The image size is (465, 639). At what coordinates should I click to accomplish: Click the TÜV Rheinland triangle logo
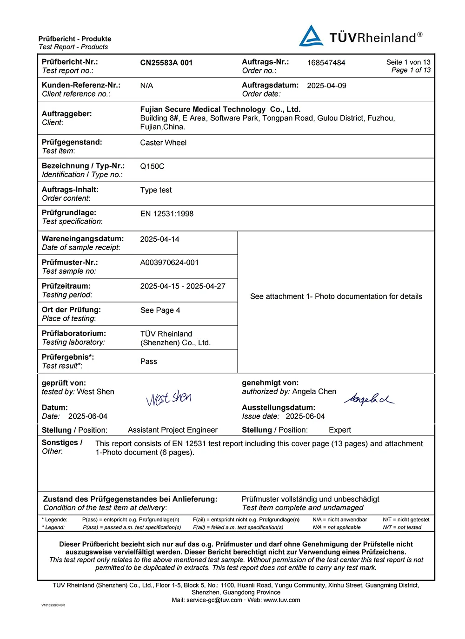coord(311,36)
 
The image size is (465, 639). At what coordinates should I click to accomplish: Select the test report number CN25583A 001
coord(166,63)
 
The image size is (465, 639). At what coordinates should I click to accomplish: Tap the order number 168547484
coord(326,63)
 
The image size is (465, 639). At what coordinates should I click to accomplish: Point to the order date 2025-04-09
coord(326,86)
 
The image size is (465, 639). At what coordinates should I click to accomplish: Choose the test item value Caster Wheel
coord(163,143)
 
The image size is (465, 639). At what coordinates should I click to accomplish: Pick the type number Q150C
coord(152,166)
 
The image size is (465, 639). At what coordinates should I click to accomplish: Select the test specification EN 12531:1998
coord(166,214)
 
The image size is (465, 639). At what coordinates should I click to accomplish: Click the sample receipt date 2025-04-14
coord(159,239)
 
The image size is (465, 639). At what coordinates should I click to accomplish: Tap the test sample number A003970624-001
coord(169,263)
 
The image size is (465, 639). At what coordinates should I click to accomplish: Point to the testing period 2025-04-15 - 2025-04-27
coord(183,286)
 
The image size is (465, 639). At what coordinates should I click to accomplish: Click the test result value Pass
coord(148,362)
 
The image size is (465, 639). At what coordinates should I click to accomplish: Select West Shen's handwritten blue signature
coord(169,398)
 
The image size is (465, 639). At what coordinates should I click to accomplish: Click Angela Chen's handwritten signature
coord(369,399)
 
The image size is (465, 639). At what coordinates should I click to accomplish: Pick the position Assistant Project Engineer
coord(173,430)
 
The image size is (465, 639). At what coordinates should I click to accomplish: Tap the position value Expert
coord(339,430)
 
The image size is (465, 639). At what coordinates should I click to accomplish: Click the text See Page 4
coord(160,310)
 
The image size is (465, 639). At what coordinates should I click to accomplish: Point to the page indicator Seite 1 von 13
coord(408,62)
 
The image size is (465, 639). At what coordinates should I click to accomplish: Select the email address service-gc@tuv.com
coord(214,600)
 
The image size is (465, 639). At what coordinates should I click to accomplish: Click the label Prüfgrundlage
coord(69,213)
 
